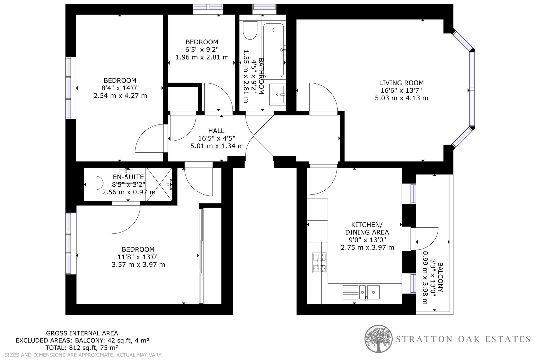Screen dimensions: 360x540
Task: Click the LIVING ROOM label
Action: (x=401, y=83)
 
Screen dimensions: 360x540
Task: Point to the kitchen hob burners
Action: (x=320, y=263)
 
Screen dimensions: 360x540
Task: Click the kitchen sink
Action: (x=369, y=292)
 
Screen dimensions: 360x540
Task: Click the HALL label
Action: (x=216, y=131)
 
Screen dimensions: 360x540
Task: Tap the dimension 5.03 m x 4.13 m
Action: (x=401, y=98)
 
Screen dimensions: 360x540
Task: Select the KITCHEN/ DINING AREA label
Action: (x=367, y=228)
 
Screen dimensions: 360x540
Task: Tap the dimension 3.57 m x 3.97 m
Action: (x=138, y=265)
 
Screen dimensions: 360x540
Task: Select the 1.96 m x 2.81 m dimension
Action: (x=202, y=57)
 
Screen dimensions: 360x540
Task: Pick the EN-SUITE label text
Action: (x=128, y=177)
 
